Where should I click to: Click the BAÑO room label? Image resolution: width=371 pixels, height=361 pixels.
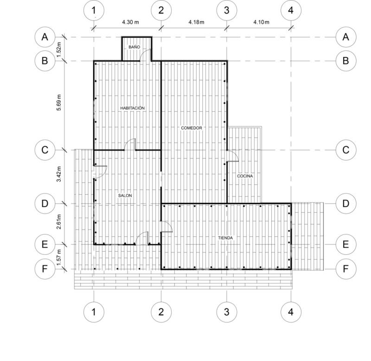[x=134, y=47]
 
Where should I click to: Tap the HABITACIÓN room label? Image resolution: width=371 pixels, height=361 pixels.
[x=132, y=108]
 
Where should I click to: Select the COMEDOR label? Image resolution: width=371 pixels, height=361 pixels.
[x=192, y=128]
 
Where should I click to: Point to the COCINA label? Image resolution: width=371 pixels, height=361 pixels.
[x=245, y=176]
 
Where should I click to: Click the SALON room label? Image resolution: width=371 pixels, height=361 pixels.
[x=125, y=196]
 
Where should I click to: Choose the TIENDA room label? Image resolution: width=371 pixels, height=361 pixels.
[x=225, y=238]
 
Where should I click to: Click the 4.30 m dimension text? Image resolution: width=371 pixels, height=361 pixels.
[x=130, y=22]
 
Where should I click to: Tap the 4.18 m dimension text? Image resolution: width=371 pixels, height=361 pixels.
[x=196, y=22]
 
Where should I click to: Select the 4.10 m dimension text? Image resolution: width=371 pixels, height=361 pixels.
[x=261, y=22]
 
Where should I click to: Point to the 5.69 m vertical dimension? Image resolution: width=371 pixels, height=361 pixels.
[x=59, y=102]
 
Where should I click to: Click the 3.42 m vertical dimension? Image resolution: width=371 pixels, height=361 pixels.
[x=59, y=174]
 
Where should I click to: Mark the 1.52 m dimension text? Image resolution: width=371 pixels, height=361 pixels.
[x=59, y=50]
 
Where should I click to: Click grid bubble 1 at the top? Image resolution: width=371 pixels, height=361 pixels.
[x=94, y=10]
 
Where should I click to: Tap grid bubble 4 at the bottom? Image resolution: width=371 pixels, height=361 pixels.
[x=291, y=312]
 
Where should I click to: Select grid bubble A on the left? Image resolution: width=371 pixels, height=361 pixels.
[x=45, y=37]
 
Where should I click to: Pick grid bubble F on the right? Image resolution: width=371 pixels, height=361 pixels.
[x=345, y=269]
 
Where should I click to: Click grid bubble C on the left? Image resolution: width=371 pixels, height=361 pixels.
[x=45, y=150]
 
